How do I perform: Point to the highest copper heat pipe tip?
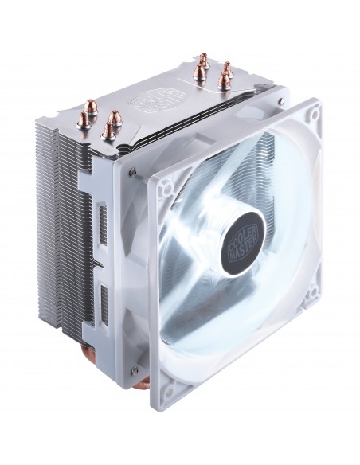pyautogui.click(x=203, y=59)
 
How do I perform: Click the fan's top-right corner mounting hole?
pyautogui.click(x=313, y=116)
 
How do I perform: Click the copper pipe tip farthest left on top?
pyautogui.click(x=84, y=120)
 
